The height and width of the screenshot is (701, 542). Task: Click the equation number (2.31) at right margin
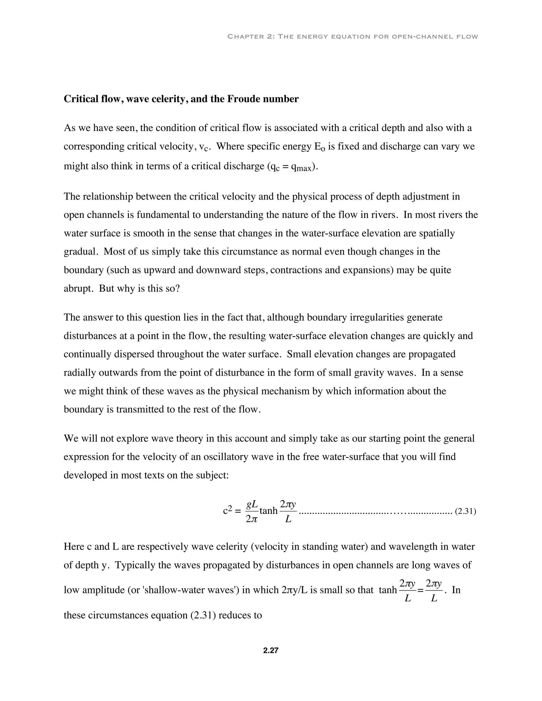tap(465, 511)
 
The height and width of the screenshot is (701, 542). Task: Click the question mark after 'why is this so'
tap(178, 289)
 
